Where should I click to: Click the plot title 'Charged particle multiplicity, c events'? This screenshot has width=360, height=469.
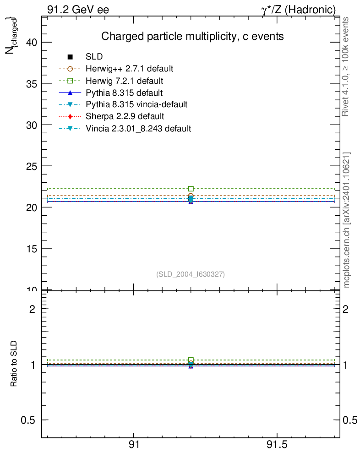(192, 36)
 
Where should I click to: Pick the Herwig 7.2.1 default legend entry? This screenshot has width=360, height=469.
(124, 81)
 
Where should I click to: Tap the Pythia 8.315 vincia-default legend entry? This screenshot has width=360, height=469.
(136, 104)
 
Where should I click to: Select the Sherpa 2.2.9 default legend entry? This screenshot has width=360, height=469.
(125, 116)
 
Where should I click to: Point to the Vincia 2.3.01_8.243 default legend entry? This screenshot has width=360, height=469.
(138, 128)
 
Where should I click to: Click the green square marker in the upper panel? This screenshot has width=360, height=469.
(191, 189)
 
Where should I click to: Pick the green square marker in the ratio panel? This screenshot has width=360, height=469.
(191, 360)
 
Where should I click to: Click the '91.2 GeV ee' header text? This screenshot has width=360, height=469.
(78, 9)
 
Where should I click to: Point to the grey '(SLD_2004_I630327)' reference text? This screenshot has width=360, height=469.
(191, 274)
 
